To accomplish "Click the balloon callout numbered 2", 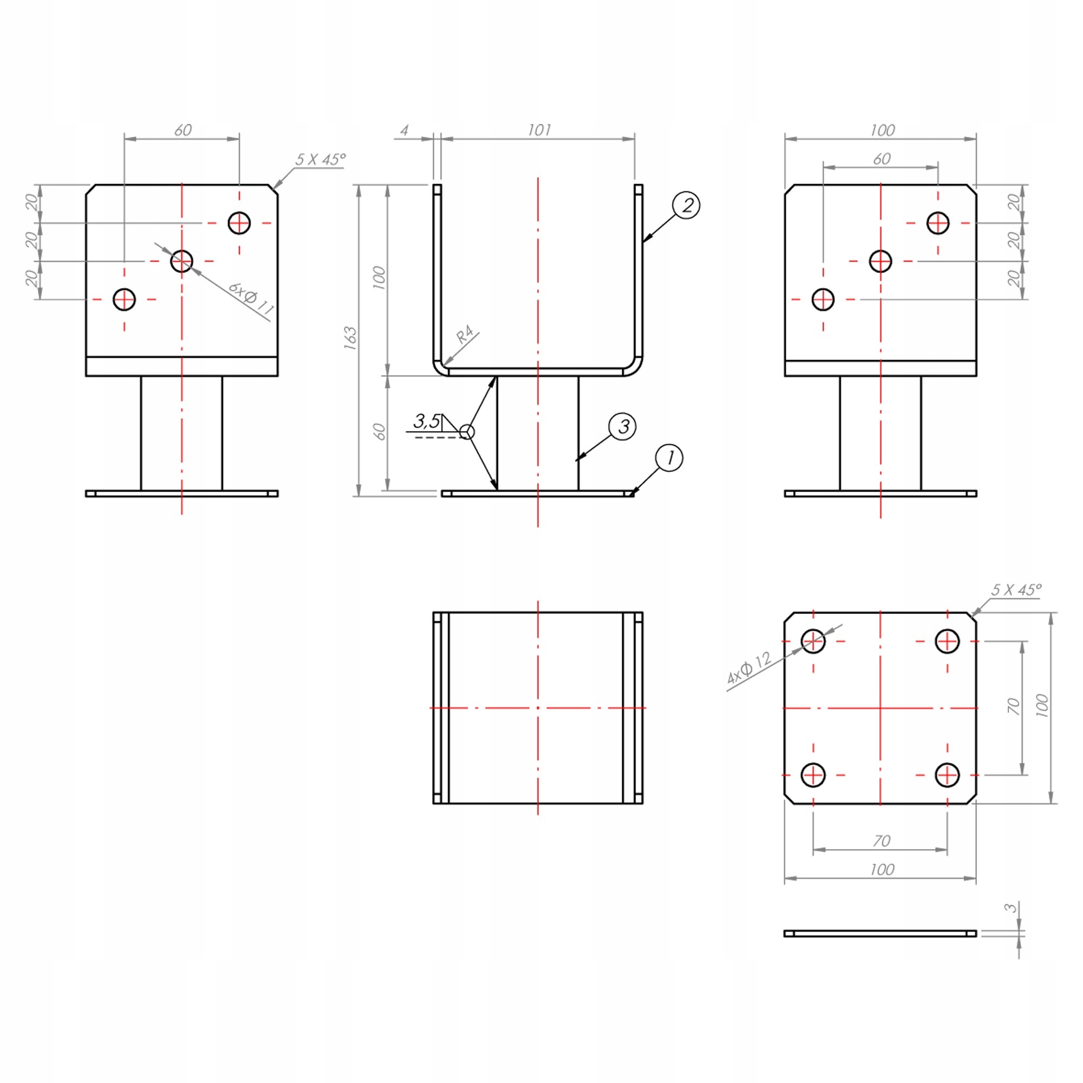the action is pos(686,205).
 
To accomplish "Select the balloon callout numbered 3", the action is pos(622,427).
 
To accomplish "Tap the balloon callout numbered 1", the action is pos(669,458).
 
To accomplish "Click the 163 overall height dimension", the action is pos(350,337).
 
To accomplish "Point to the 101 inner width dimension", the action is pos(539,130).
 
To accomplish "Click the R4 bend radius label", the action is pos(465,335).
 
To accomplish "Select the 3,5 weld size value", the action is pos(427,420).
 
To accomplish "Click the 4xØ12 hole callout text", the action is pos(749,668).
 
